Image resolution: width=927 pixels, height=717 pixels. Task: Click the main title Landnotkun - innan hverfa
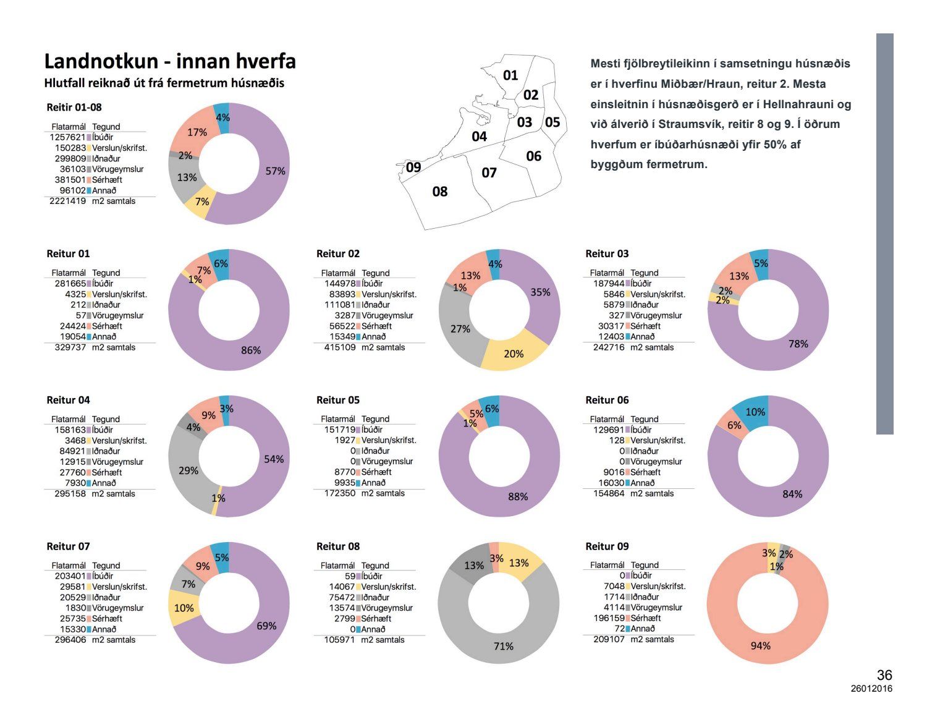pos(170,61)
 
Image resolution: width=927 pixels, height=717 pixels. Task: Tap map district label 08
pos(439,192)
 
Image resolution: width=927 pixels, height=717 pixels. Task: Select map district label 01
pos(510,75)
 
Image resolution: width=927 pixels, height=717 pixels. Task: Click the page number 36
pos(884,675)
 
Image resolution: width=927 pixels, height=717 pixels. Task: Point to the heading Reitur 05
pos(337,400)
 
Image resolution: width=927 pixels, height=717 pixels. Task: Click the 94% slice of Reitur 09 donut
pos(760,645)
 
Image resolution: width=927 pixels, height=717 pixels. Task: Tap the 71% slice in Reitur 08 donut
pos(503,646)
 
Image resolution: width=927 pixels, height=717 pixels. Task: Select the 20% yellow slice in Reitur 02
pos(514,354)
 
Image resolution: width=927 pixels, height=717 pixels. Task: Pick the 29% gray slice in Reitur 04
pos(188,470)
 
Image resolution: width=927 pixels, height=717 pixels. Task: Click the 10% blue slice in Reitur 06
pos(755,412)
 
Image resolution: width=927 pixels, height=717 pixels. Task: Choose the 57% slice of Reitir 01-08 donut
pos(275,171)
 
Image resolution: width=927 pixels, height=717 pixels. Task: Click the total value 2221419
pos(67,201)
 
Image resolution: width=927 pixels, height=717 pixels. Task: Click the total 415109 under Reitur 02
pos(339,347)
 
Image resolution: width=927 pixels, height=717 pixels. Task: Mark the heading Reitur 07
pos(68,546)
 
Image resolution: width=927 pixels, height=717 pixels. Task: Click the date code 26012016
pos(871,689)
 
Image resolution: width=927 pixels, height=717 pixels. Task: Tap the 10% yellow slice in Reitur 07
pos(184,608)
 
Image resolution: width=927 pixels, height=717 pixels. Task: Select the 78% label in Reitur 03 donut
pos(798,344)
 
